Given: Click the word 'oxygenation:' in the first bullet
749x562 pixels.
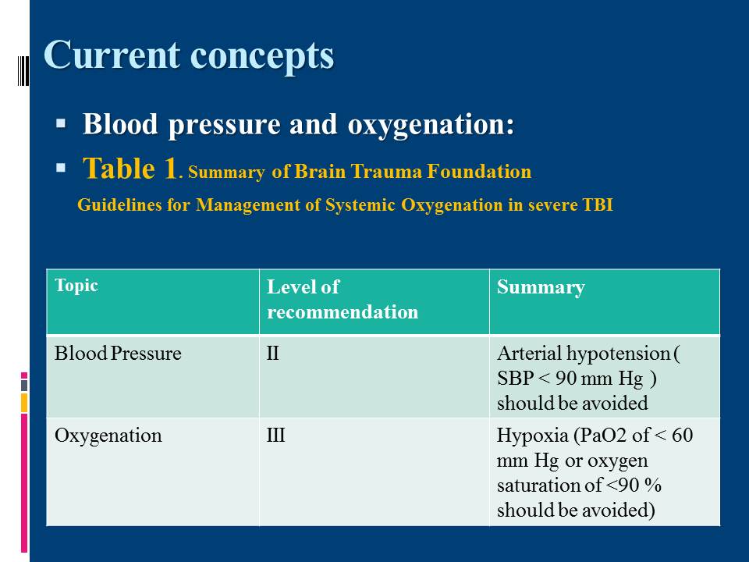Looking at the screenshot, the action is tap(431, 125).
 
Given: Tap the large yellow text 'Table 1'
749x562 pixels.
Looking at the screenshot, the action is tap(130, 169).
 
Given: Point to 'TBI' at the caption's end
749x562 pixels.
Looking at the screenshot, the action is tap(598, 205).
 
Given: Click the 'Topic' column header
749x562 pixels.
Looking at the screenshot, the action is tap(76, 286).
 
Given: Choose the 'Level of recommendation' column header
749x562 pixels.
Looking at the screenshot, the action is tap(342, 299).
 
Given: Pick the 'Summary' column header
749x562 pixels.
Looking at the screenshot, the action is tap(541, 287).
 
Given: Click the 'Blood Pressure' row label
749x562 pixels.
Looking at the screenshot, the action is tap(118, 354).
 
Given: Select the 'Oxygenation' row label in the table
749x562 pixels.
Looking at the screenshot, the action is tap(108, 436).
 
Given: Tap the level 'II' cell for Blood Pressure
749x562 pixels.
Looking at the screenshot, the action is tap(272, 354).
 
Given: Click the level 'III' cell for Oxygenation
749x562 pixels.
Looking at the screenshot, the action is tap(275, 436).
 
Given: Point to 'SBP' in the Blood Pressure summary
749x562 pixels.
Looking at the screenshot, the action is tap(515, 379).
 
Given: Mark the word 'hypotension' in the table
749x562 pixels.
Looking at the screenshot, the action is tap(618, 354).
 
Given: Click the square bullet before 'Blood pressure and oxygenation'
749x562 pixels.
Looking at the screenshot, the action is tap(61, 124).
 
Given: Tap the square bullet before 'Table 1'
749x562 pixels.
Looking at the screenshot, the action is tap(61, 168).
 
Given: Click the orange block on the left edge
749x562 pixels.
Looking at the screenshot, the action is tap(24, 403).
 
